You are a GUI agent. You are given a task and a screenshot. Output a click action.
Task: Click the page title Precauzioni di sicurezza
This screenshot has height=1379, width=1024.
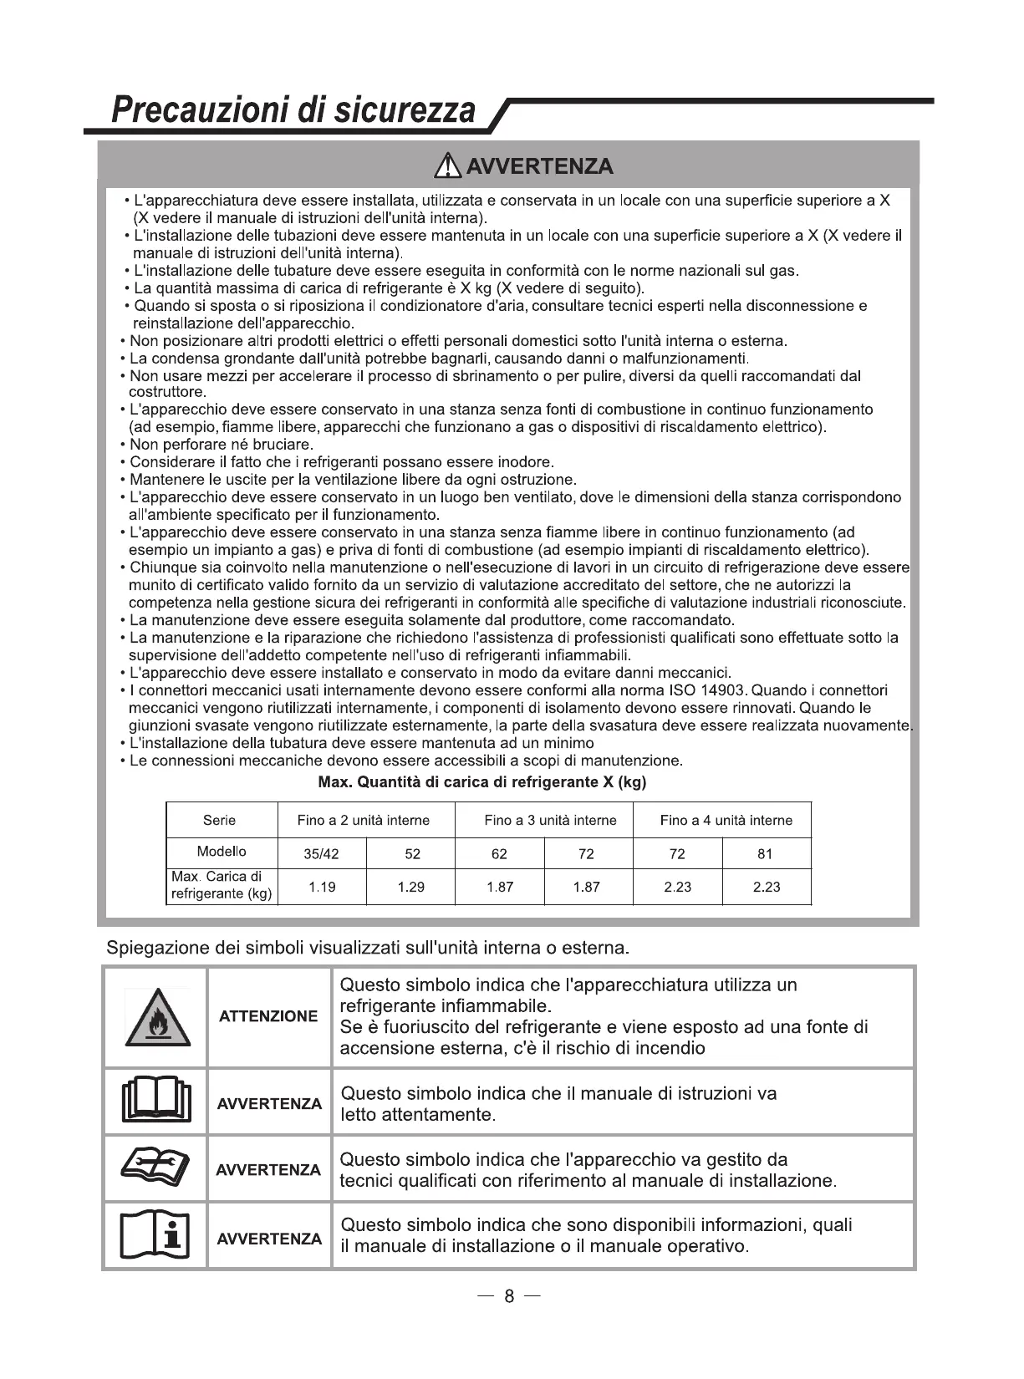[293, 109]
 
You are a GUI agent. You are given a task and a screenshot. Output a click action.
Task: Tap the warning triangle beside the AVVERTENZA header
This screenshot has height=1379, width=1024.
[449, 165]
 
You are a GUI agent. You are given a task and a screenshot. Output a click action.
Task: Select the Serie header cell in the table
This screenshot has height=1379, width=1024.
[220, 820]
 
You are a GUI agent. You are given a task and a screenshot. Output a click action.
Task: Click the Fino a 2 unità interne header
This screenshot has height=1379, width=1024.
[364, 820]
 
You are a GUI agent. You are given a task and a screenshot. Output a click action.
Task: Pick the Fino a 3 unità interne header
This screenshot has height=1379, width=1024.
[550, 820]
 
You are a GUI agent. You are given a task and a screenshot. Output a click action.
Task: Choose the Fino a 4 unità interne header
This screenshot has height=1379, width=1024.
[726, 820]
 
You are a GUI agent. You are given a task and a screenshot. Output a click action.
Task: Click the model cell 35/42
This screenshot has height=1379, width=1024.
[322, 854]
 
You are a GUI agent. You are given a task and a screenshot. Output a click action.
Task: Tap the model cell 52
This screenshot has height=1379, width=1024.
[412, 854]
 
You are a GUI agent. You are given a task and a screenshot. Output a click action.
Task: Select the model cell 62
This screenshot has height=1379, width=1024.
[499, 854]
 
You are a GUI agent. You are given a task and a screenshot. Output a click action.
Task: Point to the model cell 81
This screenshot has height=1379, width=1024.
[765, 854]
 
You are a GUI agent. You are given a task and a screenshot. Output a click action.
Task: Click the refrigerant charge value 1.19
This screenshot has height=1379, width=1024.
[322, 887]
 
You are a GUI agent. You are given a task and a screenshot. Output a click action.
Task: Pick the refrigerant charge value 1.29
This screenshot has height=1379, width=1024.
[411, 887]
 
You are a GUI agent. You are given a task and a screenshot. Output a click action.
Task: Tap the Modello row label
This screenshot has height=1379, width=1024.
[222, 852]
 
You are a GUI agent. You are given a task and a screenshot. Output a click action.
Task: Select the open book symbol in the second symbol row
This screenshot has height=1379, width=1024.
[156, 1102]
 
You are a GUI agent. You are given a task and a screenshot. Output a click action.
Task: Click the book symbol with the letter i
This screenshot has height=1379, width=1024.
[156, 1235]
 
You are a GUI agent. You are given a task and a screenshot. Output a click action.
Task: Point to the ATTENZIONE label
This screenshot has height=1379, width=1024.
[268, 1016]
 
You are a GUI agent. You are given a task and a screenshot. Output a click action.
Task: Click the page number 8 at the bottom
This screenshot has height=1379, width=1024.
[509, 1296]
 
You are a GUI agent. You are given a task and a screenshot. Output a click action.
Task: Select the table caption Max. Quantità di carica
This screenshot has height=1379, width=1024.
[482, 783]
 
